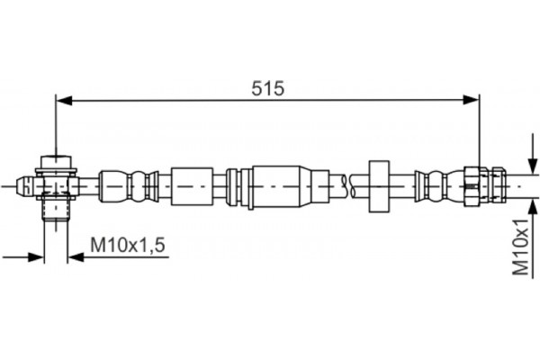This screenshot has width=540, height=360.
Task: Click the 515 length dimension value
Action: coord(267,88)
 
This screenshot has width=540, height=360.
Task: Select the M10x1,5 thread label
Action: coord(128,245)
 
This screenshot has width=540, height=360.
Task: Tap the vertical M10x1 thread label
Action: coord(520,247)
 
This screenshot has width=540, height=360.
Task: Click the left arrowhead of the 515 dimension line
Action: coord(64,100)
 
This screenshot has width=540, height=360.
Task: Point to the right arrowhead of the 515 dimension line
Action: coord(471,100)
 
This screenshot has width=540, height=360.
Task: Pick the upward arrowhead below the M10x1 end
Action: coord(533,208)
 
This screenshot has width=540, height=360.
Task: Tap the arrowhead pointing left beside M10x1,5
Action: coord(76,256)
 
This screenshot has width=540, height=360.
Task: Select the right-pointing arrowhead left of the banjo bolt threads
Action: coord(36,256)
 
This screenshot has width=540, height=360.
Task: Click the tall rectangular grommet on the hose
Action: coord(379,186)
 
